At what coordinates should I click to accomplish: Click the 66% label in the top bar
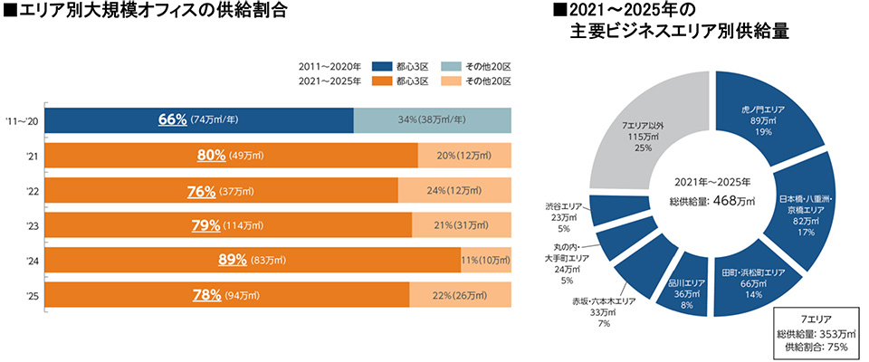pos(172,119)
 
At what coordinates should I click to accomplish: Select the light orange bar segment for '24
pos(486,260)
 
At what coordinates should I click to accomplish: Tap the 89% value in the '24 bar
pos(233,260)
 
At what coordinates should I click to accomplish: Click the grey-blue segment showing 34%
pos(432,119)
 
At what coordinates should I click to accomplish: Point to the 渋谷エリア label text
pos(564,206)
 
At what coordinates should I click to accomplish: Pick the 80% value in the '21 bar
pos(211,155)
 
